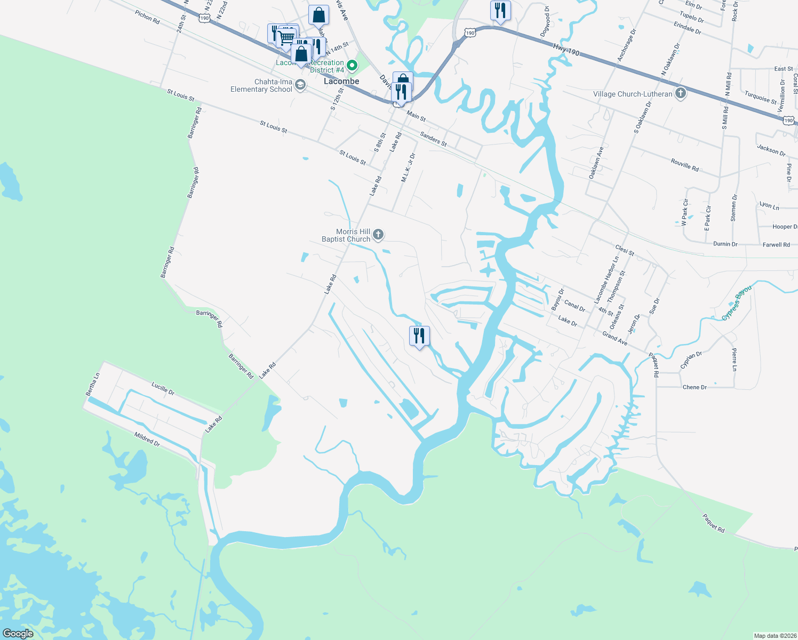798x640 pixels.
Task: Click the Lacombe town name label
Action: click(x=341, y=81)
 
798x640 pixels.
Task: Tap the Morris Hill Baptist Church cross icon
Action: click(x=378, y=234)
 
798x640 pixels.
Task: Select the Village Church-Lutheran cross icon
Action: click(x=680, y=94)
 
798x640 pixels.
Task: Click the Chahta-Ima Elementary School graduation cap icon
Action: click(x=300, y=85)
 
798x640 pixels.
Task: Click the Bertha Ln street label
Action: click(x=93, y=384)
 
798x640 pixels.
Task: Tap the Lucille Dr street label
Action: click(x=163, y=388)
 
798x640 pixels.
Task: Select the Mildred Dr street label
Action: click(x=147, y=439)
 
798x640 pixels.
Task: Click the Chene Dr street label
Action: click(x=695, y=387)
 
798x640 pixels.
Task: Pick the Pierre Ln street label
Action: click(x=734, y=359)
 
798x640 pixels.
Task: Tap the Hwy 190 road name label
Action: click(x=566, y=50)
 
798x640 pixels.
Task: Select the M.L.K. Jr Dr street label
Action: click(x=408, y=168)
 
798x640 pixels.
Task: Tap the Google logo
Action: click(x=18, y=634)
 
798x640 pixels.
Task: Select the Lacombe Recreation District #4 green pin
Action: click(x=352, y=66)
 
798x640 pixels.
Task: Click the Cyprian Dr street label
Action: click(x=691, y=360)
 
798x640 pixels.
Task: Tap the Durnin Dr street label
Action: click(x=725, y=244)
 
